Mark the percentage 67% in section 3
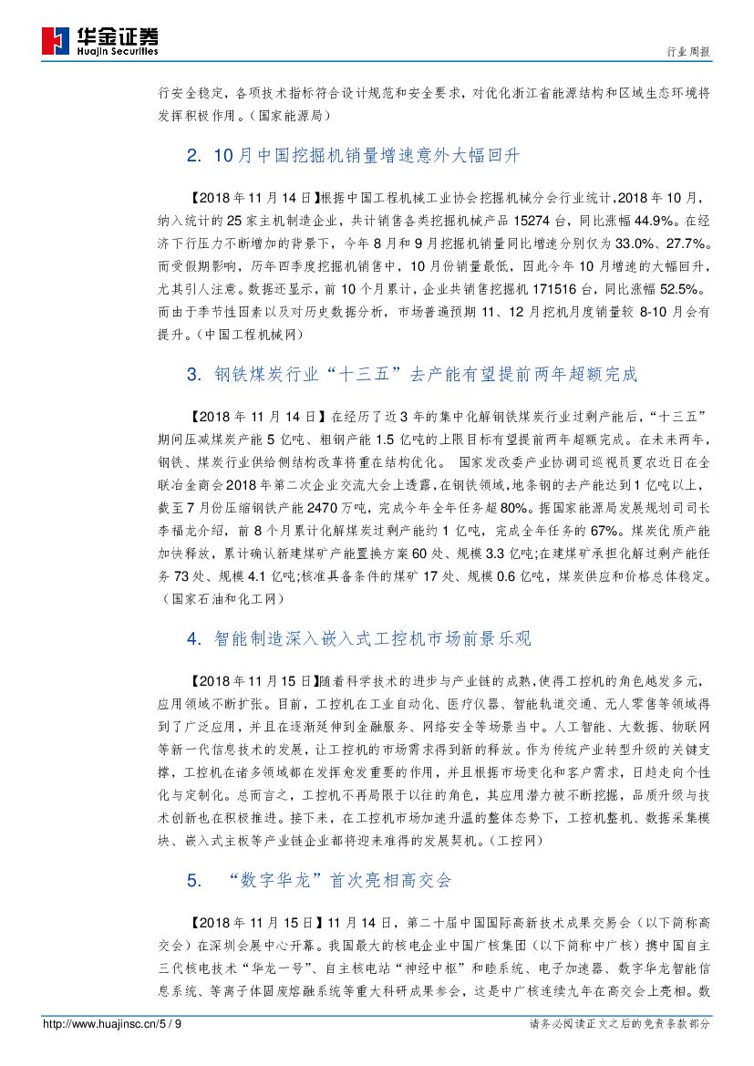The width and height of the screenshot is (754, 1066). coord(582,531)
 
